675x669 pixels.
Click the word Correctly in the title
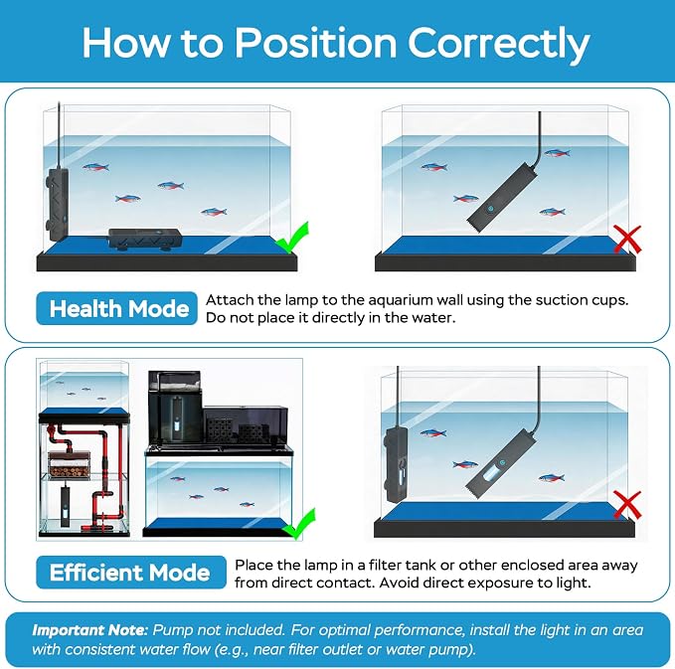[498, 44]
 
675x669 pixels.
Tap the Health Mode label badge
[116, 308]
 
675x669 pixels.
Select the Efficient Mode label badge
[131, 573]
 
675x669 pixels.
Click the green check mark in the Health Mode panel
[292, 238]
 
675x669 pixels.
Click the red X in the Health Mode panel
[627, 240]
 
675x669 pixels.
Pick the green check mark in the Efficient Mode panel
[299, 523]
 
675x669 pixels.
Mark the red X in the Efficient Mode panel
[627, 505]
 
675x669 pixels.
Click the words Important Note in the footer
[89, 630]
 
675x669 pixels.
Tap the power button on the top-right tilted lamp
[491, 209]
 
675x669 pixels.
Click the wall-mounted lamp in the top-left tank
[57, 204]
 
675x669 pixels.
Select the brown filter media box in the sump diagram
[69, 465]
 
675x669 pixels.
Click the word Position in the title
[315, 43]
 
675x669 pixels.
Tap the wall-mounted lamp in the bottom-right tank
[396, 464]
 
